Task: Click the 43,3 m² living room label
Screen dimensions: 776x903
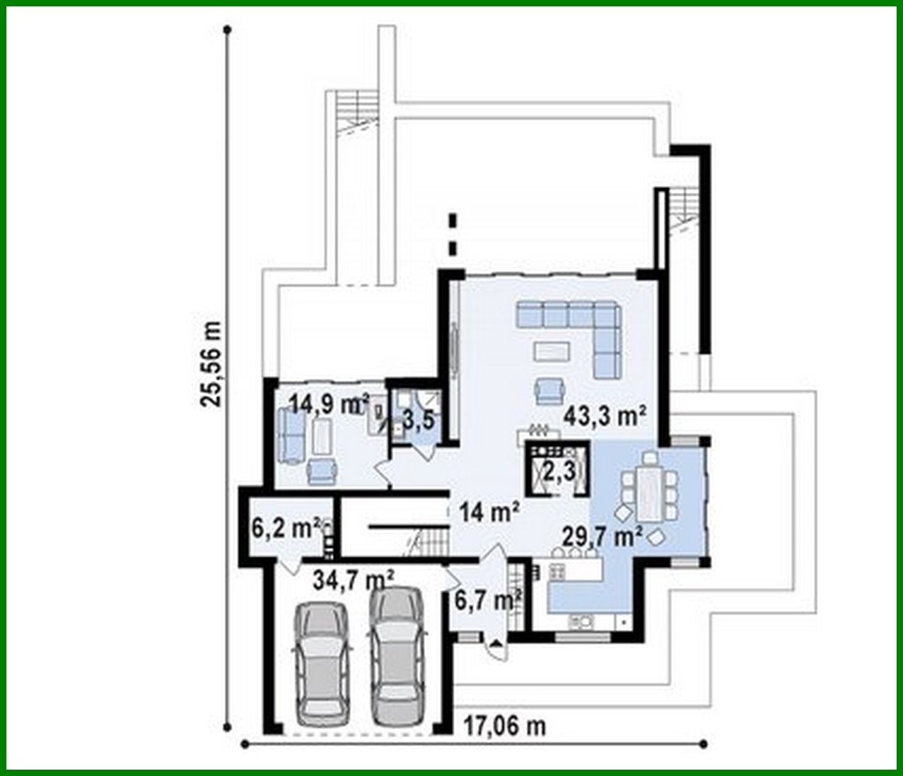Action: pyautogui.click(x=605, y=417)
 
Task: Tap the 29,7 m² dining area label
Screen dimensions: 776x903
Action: pyautogui.click(x=601, y=536)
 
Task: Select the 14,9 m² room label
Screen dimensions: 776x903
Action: pyautogui.click(x=329, y=405)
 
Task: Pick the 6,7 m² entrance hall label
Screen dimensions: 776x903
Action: pyautogui.click(x=488, y=601)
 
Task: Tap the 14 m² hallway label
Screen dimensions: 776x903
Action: pyautogui.click(x=489, y=510)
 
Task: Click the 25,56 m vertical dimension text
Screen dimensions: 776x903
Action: pyautogui.click(x=211, y=364)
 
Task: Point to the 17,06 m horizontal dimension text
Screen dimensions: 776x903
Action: pyautogui.click(x=505, y=725)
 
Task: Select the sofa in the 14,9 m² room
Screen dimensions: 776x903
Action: pyautogui.click(x=291, y=435)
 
